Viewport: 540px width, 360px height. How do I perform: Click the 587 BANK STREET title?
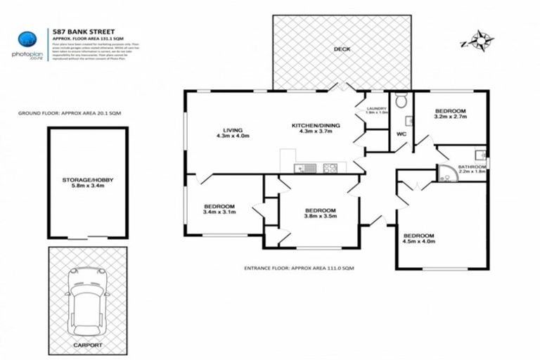click(x=79, y=32)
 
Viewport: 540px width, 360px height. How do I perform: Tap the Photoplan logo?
click(x=27, y=41)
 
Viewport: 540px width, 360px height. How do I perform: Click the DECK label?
click(x=342, y=49)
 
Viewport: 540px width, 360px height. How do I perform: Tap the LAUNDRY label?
click(x=378, y=108)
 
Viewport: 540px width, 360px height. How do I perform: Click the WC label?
click(x=403, y=133)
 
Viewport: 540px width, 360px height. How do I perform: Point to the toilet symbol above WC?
click(x=401, y=102)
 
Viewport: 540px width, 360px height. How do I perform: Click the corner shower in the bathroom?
click(x=446, y=174)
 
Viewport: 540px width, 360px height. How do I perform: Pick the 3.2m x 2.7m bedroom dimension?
click(x=451, y=118)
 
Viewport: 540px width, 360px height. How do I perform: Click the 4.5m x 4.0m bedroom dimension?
click(x=419, y=242)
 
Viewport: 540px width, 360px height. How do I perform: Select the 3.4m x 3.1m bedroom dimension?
click(x=219, y=212)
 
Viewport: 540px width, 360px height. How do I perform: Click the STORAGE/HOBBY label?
click(x=87, y=181)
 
